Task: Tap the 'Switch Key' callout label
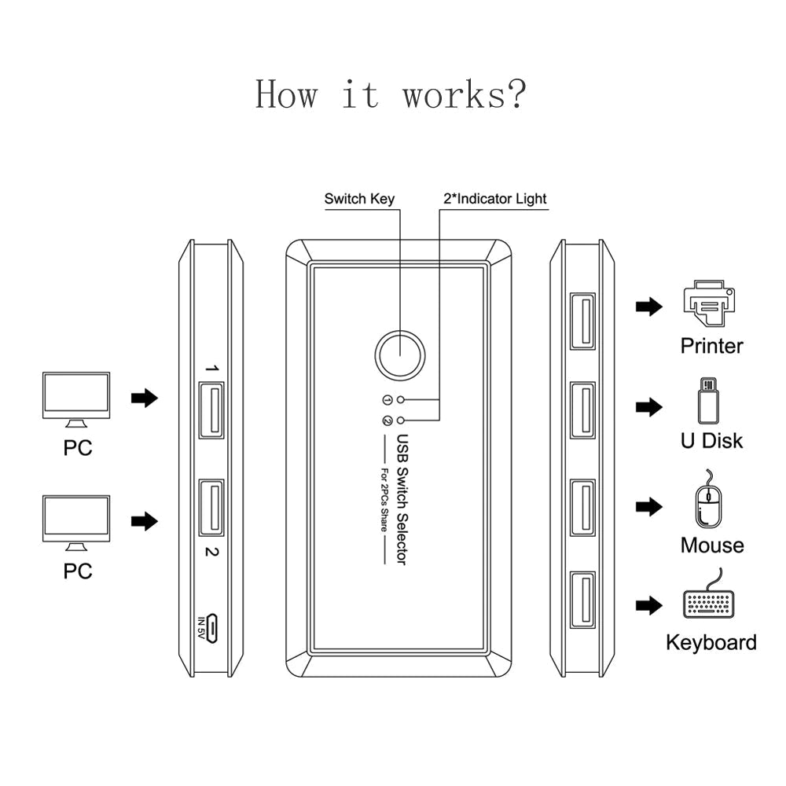359,199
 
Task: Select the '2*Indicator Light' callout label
495,199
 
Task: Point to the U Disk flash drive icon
710,402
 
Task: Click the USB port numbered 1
211,409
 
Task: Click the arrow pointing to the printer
648,307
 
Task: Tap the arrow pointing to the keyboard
648,604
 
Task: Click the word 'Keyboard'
711,642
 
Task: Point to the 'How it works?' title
391,94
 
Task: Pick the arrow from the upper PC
144,399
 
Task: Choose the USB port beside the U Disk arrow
582,409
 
